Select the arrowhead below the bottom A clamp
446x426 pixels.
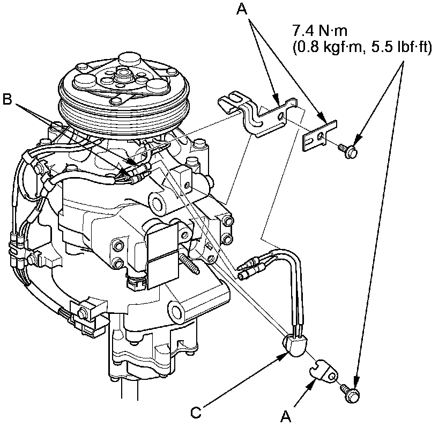(x=315, y=383)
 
